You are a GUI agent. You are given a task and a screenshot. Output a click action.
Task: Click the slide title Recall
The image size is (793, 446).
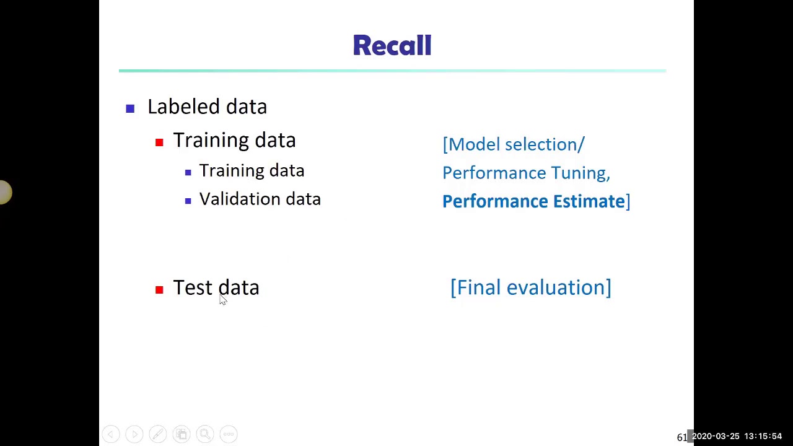tap(392, 46)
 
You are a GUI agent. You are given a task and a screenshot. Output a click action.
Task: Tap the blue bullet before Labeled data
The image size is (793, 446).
tap(130, 109)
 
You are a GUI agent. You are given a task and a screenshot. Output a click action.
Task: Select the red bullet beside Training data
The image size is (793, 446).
tap(159, 142)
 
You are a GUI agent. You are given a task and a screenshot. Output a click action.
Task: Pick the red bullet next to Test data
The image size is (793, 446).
tap(159, 289)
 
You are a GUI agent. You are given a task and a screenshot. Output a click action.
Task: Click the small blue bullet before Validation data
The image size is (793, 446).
tap(188, 201)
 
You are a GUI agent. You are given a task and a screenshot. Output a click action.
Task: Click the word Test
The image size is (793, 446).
tap(192, 287)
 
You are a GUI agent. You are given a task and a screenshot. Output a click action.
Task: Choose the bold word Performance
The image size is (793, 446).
tap(494, 201)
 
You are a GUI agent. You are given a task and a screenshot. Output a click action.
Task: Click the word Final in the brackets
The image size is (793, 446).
tap(478, 287)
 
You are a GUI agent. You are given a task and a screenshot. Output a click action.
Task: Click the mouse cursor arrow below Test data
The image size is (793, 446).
tap(222, 300)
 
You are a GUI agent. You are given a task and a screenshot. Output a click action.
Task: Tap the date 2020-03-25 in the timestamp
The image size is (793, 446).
tap(716, 437)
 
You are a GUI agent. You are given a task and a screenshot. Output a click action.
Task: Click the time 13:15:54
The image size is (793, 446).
tap(763, 437)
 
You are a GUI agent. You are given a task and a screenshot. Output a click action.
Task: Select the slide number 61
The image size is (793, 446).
tap(681, 437)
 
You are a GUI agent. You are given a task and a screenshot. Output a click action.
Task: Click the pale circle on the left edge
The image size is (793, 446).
tap(4, 192)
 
